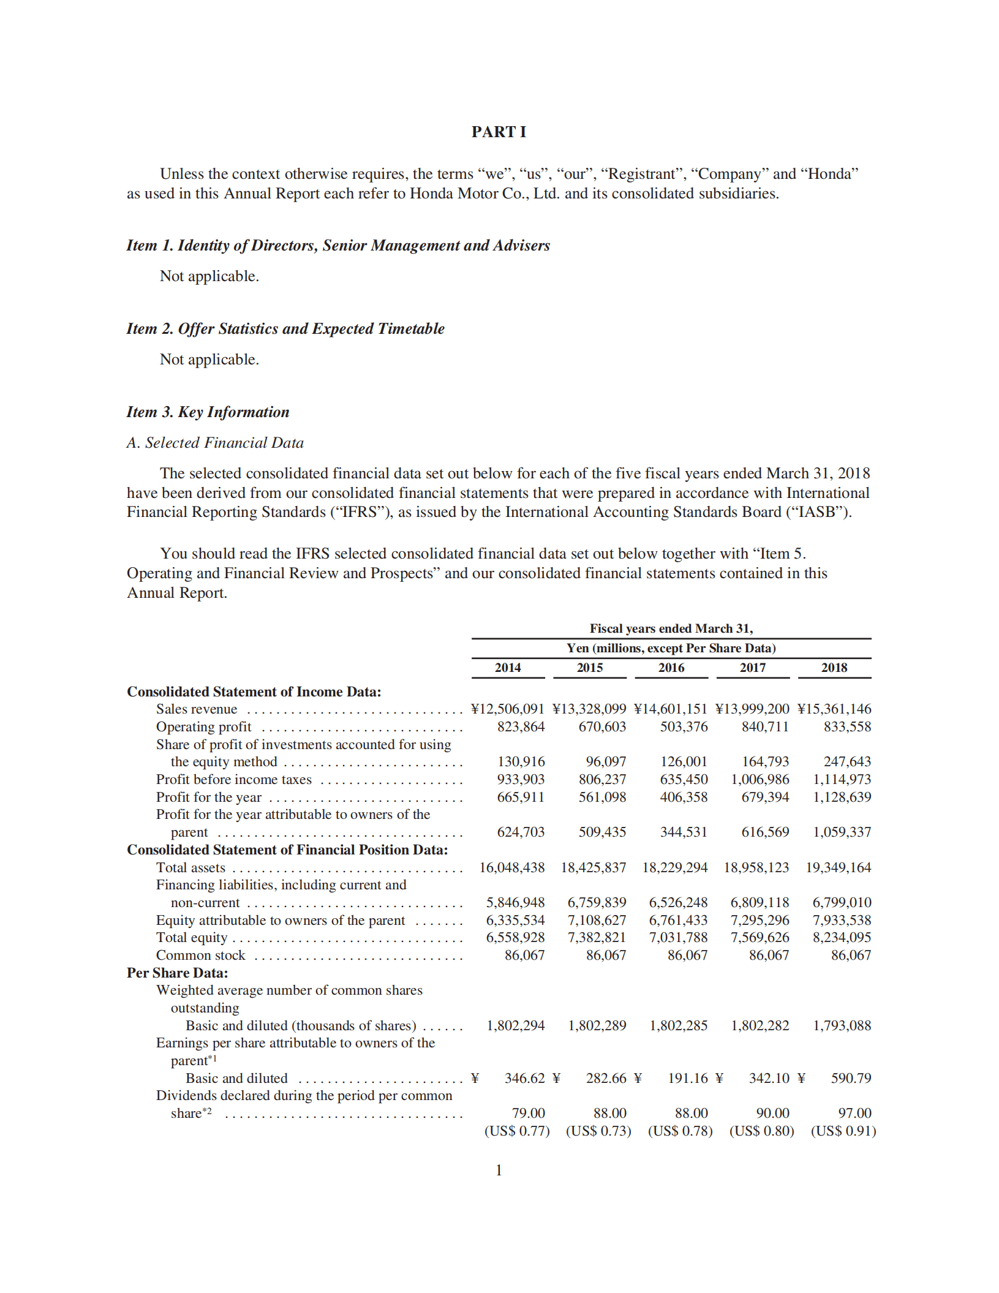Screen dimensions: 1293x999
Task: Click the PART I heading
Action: pos(499,132)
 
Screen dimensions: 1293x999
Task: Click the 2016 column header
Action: pos(671,668)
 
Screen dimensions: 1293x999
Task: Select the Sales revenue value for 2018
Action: pos(834,709)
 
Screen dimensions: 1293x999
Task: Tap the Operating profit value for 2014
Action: pos(521,726)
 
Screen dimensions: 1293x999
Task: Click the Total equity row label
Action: pos(192,937)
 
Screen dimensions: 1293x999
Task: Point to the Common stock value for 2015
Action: pos(606,955)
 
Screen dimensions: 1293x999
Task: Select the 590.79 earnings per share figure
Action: pos(851,1078)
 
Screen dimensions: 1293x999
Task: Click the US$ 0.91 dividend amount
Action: pos(843,1131)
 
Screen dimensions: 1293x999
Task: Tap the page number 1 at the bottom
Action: pos(499,1170)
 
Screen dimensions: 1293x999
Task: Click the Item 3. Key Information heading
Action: pos(208,412)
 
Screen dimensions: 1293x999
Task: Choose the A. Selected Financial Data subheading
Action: pos(215,442)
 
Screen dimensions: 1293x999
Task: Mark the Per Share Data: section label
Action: pos(177,973)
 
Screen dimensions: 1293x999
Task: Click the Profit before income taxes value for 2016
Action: pos(684,779)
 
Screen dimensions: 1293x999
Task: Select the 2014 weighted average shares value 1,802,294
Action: pos(515,1025)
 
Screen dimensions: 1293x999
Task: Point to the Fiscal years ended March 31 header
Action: pos(671,628)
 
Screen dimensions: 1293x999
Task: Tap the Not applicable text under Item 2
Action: pos(209,359)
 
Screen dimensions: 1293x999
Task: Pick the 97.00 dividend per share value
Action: pos(854,1113)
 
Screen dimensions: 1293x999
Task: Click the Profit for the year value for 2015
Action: pos(602,797)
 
